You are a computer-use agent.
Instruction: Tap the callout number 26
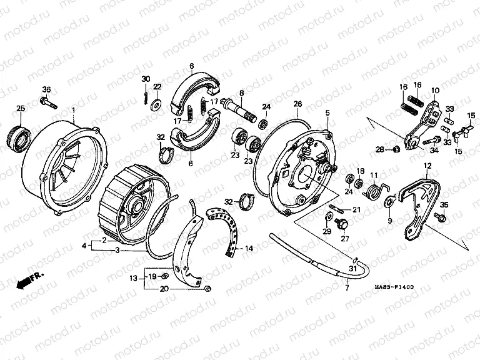297,103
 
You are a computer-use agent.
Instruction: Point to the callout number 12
427,166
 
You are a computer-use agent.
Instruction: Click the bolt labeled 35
440,217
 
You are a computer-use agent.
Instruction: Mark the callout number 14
249,248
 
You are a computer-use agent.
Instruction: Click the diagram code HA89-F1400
394,287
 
